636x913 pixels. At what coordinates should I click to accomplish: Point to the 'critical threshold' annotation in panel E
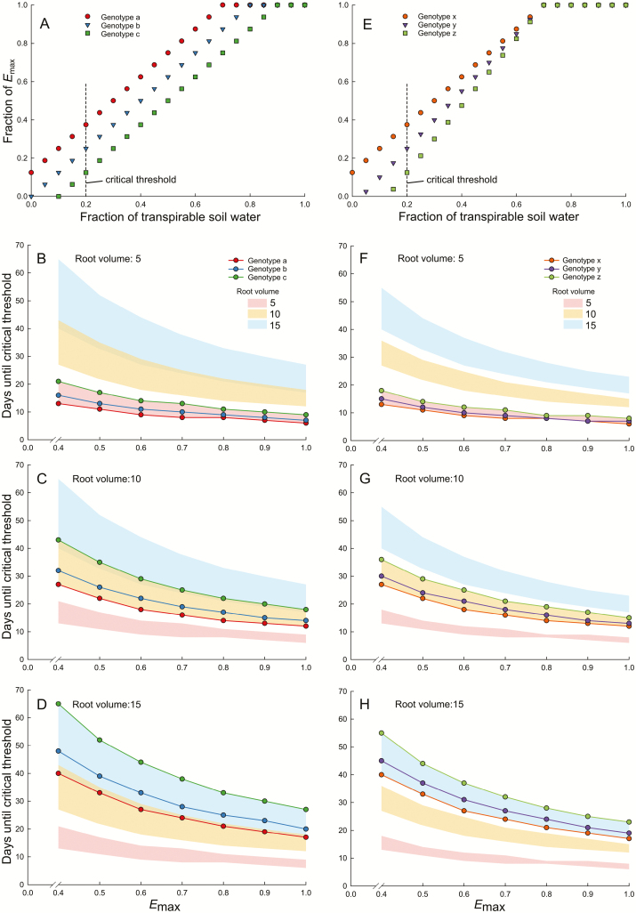coord(455,180)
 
